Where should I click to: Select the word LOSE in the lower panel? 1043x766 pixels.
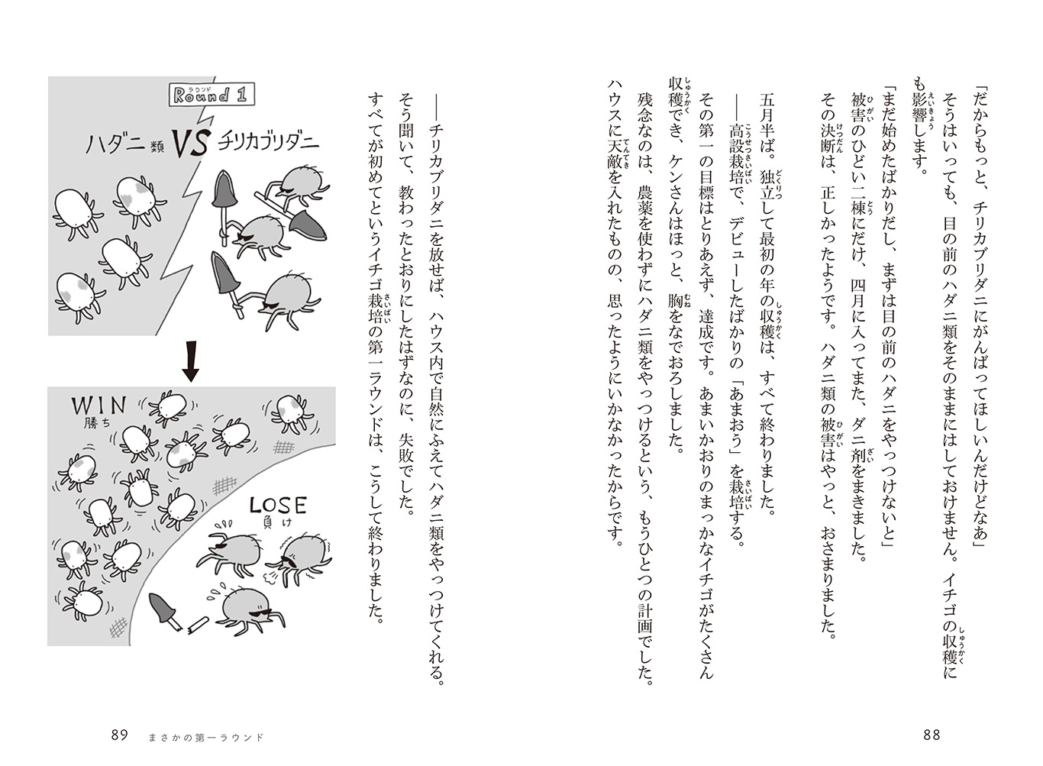click(x=278, y=506)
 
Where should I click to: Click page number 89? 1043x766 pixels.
click(x=120, y=735)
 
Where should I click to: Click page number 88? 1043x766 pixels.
click(x=932, y=735)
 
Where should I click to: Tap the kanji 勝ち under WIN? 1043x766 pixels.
click(x=89, y=422)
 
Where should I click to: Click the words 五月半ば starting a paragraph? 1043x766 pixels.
click(x=767, y=127)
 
